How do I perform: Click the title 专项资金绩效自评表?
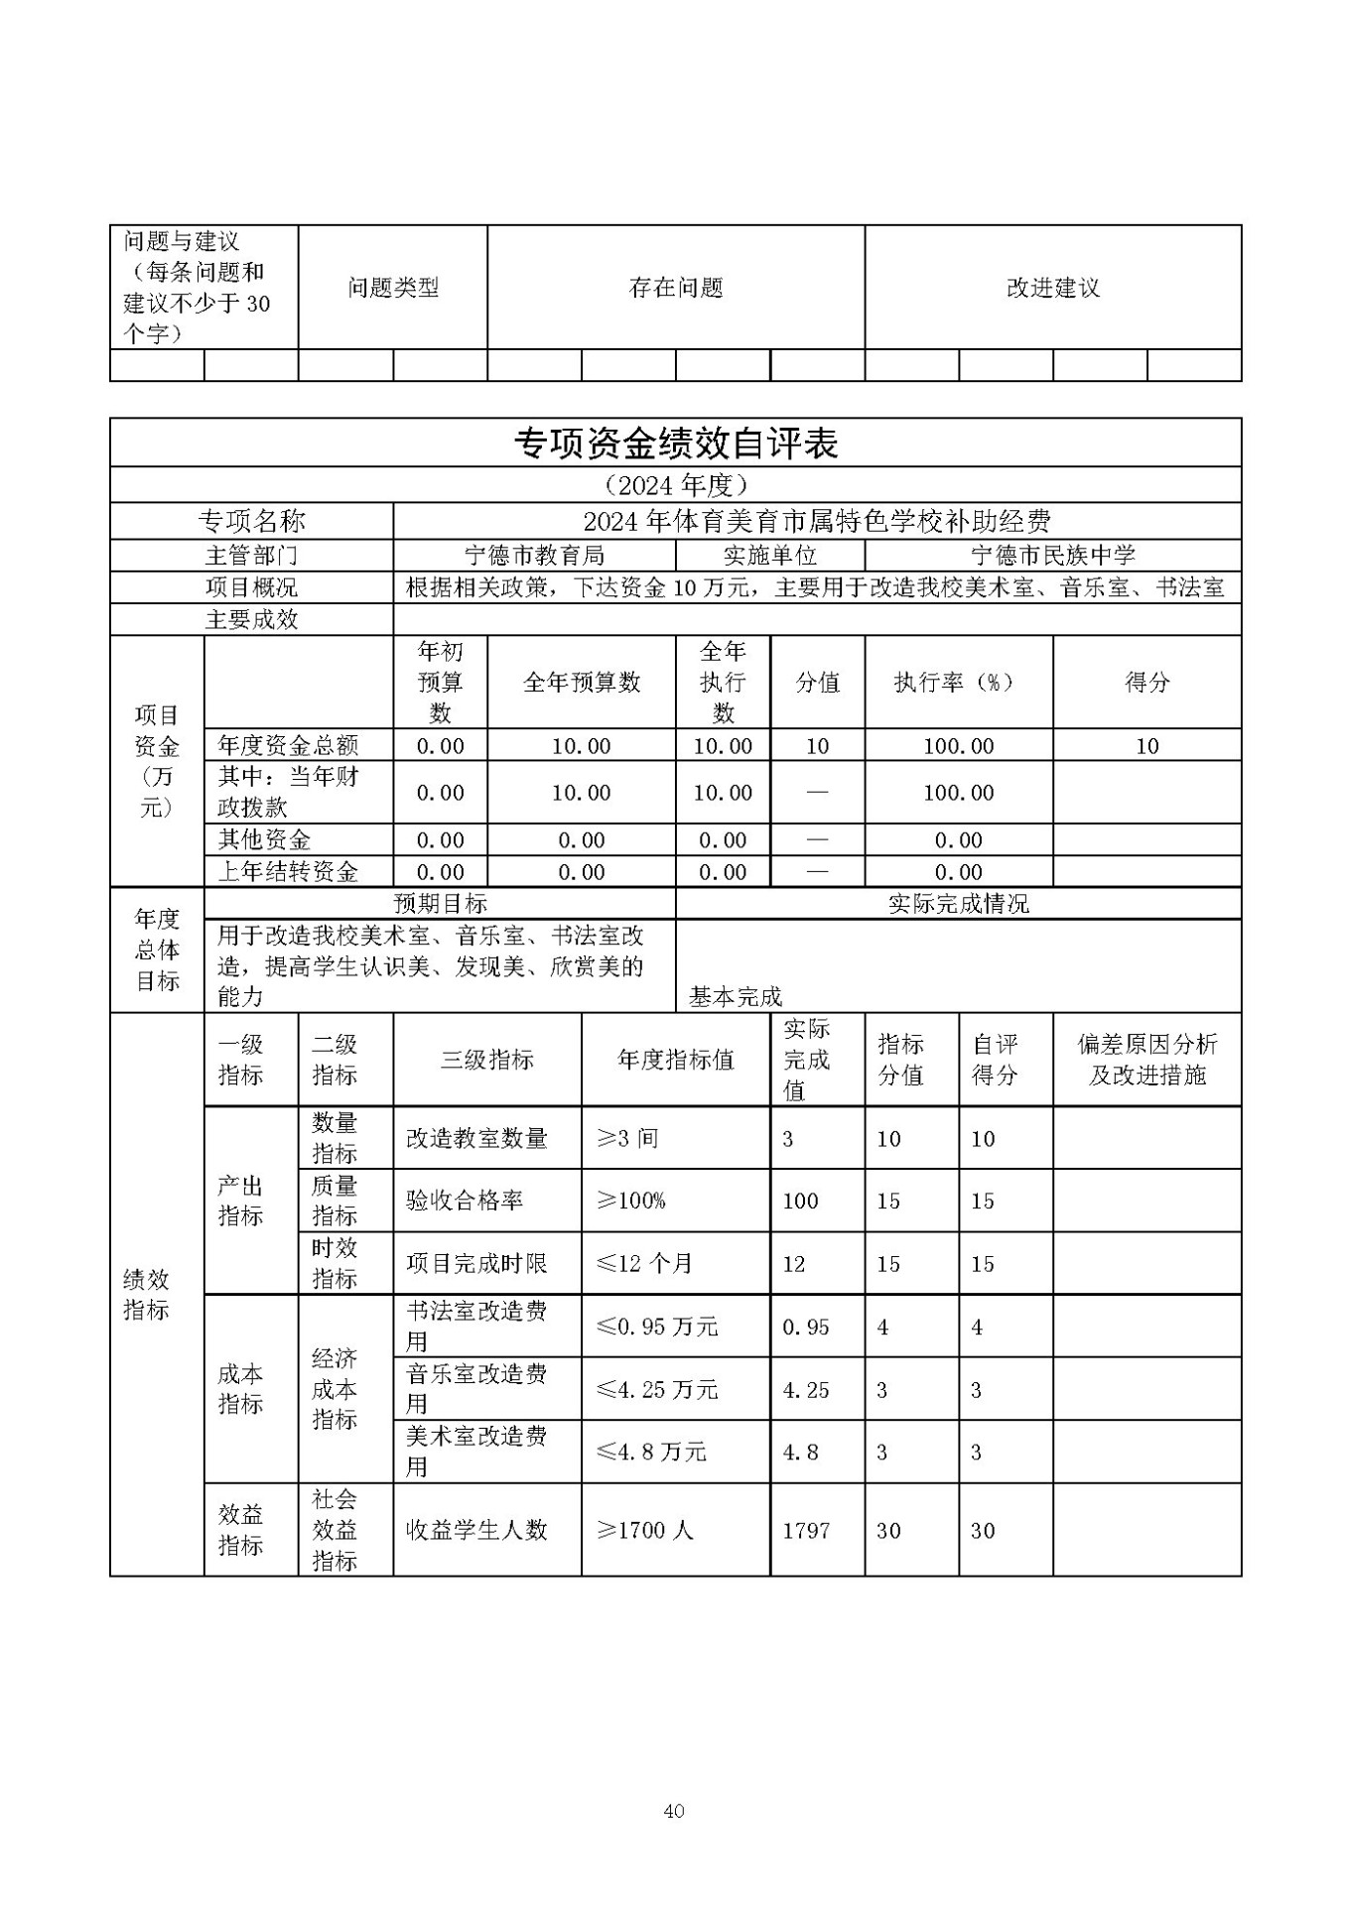tap(675, 444)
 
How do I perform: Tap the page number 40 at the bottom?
tap(673, 1811)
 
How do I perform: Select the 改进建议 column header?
tap(1052, 288)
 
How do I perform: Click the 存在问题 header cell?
tap(675, 288)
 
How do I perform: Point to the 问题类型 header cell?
tap(392, 288)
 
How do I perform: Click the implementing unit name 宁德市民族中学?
tap(1052, 556)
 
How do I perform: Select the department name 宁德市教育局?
tap(534, 556)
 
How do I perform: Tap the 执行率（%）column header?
tap(958, 683)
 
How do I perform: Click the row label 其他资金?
tap(264, 840)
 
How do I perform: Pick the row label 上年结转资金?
tap(288, 872)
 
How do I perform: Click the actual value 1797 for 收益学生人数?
tap(805, 1530)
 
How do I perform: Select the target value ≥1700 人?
tap(644, 1530)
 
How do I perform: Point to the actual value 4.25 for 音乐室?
tap(806, 1390)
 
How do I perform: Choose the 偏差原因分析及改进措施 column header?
tap(1146, 1059)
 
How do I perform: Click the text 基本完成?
tap(735, 997)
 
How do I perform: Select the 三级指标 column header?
tap(486, 1060)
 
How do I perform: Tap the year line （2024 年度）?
tap(675, 485)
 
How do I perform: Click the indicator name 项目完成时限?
tap(475, 1264)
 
